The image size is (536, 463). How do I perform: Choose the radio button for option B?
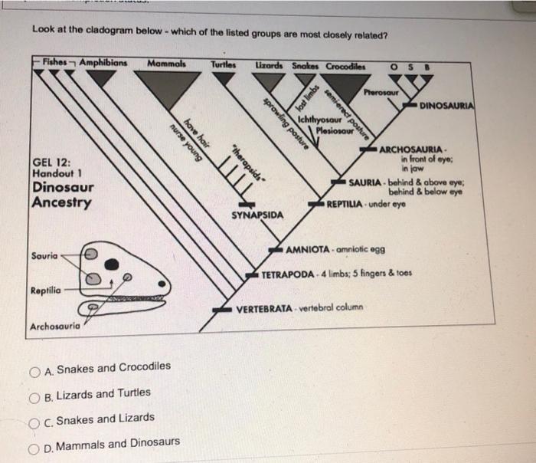pyautogui.click(x=36, y=394)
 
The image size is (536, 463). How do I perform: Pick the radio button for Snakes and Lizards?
pyautogui.click(x=36, y=419)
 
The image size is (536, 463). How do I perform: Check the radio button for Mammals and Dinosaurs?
pyautogui.click(x=36, y=444)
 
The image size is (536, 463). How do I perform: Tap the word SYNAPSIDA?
pyautogui.click(x=257, y=215)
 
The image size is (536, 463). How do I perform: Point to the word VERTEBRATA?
pyautogui.click(x=264, y=308)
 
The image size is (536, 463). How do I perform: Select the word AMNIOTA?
pyautogui.click(x=308, y=250)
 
